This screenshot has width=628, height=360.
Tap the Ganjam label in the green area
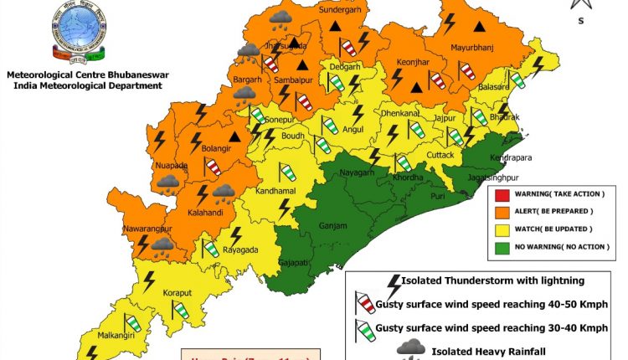click(x=333, y=225)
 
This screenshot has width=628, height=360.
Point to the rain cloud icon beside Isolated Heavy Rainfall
click(x=409, y=347)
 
